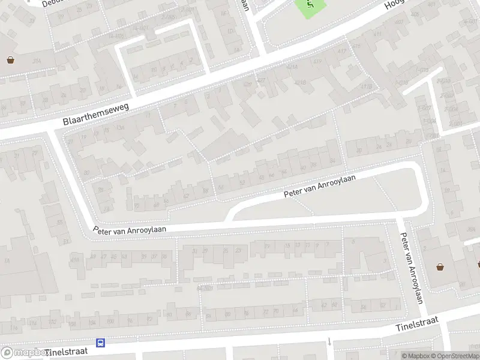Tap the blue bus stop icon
click(101, 343)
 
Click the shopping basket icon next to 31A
click(11, 59)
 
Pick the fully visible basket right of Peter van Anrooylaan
click(440, 267)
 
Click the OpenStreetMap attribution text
click(454, 356)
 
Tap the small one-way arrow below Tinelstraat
click(329, 342)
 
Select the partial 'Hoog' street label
click(395, 5)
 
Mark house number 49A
click(76, 259)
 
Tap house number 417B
click(366, 86)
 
